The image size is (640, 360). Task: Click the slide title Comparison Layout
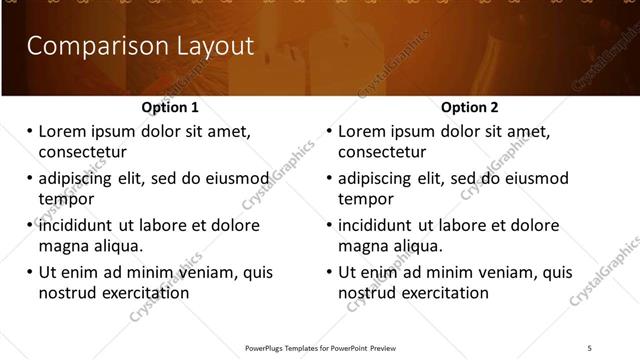139,46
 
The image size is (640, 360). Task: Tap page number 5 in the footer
589,347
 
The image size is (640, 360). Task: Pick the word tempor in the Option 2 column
366,199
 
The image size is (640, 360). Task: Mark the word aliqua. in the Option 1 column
119,246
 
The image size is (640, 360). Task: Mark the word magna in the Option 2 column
362,246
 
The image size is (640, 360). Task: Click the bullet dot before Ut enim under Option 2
328,272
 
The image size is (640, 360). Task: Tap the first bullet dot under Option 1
28,131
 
